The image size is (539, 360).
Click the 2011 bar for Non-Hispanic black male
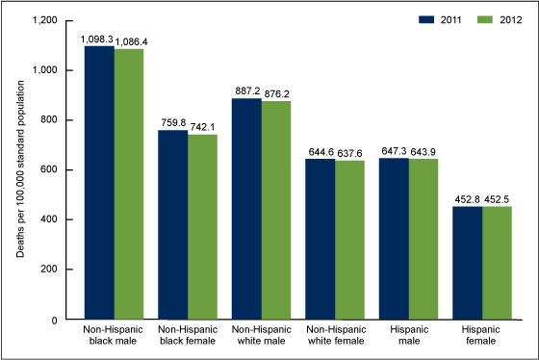click(x=99, y=183)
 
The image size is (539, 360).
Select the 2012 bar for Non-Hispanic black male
click(x=129, y=184)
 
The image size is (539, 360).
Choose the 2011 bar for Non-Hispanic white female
click(x=320, y=240)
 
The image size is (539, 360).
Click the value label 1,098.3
click(x=96, y=39)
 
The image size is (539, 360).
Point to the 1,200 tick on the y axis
click(x=44, y=20)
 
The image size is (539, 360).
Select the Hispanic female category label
click(x=481, y=341)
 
